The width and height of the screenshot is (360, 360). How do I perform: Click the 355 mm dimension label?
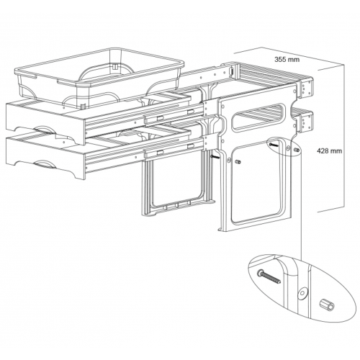[287, 59]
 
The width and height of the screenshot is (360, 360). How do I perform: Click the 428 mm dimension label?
[329, 151]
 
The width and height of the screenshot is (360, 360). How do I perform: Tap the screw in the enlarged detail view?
[269, 276]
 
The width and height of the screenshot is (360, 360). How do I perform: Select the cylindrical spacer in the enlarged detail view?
[326, 305]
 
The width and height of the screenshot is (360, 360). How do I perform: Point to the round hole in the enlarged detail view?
[302, 293]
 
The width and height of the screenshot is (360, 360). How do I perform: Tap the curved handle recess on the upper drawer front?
[45, 129]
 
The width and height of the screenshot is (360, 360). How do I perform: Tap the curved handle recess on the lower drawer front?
[44, 164]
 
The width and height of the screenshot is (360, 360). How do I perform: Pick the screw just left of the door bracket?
[215, 157]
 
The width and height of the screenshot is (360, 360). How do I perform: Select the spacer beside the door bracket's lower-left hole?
[238, 162]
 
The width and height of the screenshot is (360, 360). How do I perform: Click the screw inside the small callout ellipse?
[274, 145]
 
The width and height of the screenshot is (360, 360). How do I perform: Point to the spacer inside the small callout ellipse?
[296, 150]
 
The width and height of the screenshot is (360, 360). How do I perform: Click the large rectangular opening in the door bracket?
[257, 182]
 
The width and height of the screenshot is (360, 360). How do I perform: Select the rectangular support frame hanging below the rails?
[178, 185]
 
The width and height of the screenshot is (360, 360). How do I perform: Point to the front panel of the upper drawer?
[45, 122]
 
